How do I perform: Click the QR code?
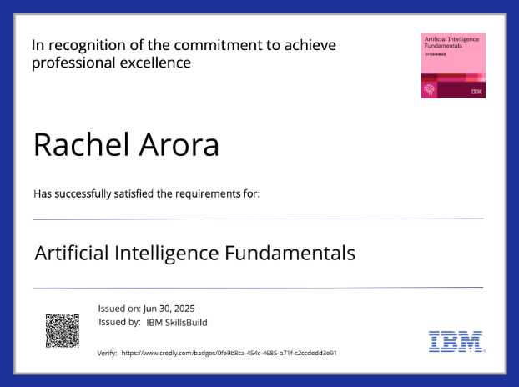pyautogui.click(x=62, y=330)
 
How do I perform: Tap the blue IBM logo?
pyautogui.click(x=455, y=340)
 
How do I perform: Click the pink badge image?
pyautogui.click(x=453, y=66)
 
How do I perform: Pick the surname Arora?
pyautogui.click(x=179, y=144)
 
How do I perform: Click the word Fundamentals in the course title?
pyautogui.click(x=290, y=252)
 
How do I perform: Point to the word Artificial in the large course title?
pyautogui.click(x=69, y=252)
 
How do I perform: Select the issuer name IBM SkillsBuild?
pyautogui.click(x=176, y=322)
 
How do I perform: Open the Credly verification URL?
pyautogui.click(x=229, y=354)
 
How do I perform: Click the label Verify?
pyautogui.click(x=108, y=354)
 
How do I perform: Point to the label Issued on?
pyautogui.click(x=119, y=309)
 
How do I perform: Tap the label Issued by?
pyautogui.click(x=119, y=322)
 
